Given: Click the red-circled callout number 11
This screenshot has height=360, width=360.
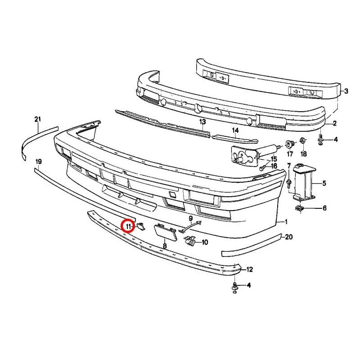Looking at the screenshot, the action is pyautogui.click(x=128, y=226).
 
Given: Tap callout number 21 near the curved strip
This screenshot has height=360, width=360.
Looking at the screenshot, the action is pyautogui.click(x=38, y=119).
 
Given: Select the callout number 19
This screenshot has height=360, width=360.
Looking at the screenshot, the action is pyautogui.click(x=39, y=162).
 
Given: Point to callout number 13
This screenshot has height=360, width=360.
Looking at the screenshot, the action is pyautogui.click(x=202, y=121).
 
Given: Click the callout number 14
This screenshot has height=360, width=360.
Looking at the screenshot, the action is pyautogui.click(x=235, y=130).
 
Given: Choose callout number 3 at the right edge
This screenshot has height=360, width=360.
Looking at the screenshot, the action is pyautogui.click(x=346, y=91).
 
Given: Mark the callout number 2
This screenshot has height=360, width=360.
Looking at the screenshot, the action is pyautogui.click(x=334, y=123).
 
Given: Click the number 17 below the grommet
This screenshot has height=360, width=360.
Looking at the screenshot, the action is pyautogui.click(x=290, y=154).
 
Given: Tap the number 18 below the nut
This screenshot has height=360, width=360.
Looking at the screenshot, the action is pyautogui.click(x=303, y=154).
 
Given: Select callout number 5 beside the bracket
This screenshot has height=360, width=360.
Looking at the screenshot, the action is pyautogui.click(x=324, y=183).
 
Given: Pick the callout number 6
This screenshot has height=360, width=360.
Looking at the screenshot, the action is pyautogui.click(x=324, y=208).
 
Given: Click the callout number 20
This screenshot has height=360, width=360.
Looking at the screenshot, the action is pyautogui.click(x=288, y=237).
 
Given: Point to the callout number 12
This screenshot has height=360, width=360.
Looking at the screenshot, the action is pyautogui.click(x=249, y=269).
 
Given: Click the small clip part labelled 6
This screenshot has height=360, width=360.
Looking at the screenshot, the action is pyautogui.click(x=299, y=209).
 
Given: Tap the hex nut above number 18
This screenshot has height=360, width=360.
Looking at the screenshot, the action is pyautogui.click(x=302, y=140).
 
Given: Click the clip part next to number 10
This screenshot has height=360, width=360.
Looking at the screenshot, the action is pyautogui.click(x=189, y=241).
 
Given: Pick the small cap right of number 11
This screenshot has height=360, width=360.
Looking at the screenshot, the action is pyautogui.click(x=140, y=226).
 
